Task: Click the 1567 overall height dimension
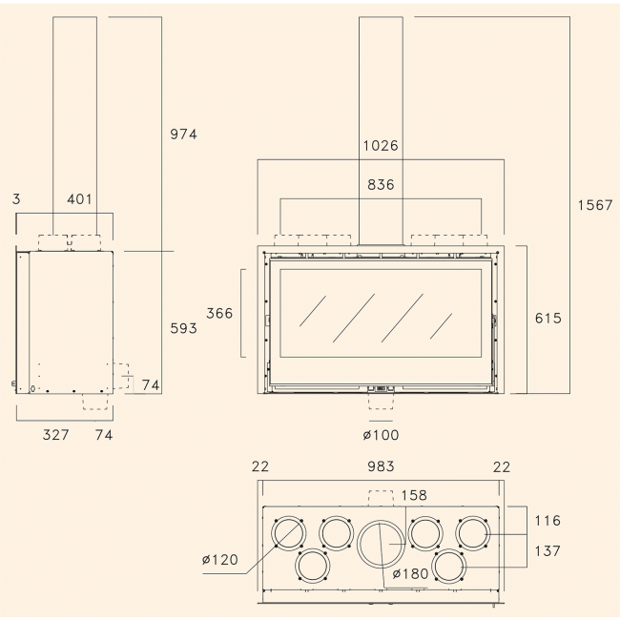coord(594,205)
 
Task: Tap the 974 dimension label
coord(183,134)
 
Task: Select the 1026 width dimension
coord(381,146)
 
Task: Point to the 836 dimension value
coord(381,185)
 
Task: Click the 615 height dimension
coord(548,319)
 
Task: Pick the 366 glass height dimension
coord(219,314)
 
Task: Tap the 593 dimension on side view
coord(183,328)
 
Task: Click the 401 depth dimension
coord(79,199)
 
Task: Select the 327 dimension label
coord(55,435)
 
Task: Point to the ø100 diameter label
coord(381,435)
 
